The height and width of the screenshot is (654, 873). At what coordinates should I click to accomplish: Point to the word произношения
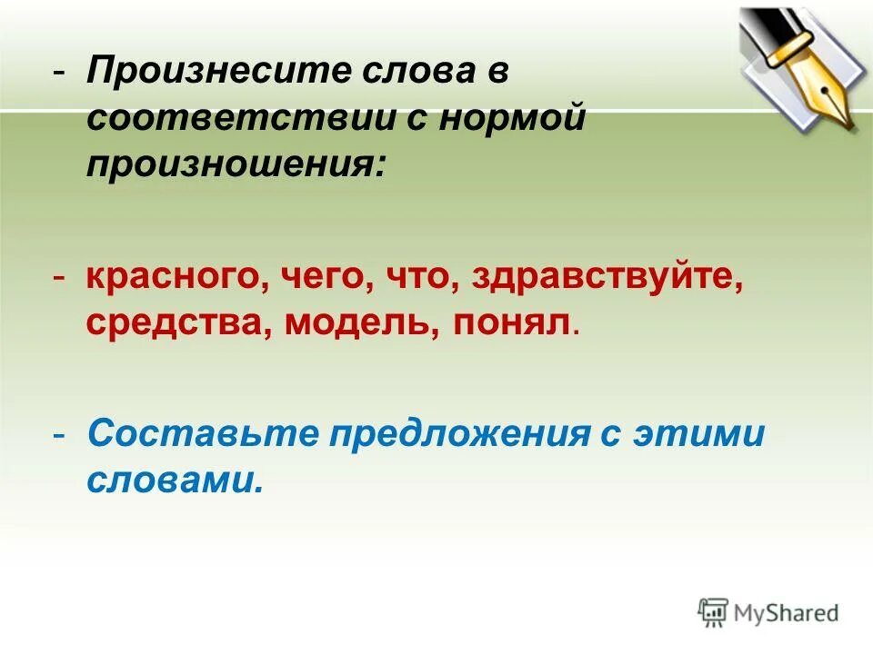pos(236,164)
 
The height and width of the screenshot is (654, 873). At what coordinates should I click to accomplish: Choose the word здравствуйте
pos(603,277)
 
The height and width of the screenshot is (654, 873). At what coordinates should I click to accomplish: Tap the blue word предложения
pos(457,435)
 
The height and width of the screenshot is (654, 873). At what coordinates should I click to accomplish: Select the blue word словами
pos(175,481)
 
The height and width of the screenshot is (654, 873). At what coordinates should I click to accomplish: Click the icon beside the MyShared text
pos(713,612)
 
